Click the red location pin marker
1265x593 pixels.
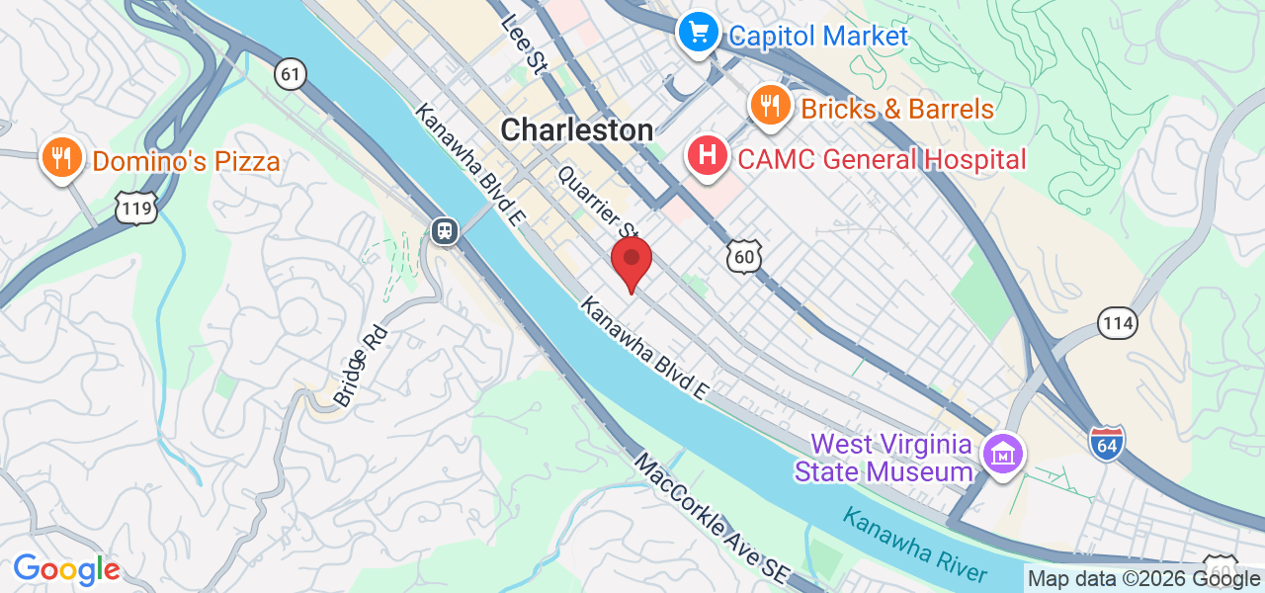pos(632,261)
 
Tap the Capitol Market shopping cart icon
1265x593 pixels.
pos(699,34)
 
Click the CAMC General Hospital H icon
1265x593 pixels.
pos(708,156)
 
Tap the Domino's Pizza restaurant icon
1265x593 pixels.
pos(61,158)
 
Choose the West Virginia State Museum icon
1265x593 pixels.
pos(1003,456)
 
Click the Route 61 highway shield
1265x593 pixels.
pos(291,73)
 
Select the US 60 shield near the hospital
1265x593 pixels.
pos(744,257)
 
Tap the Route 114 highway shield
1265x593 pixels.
pos(1117,322)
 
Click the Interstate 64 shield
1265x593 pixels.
pos(1107,441)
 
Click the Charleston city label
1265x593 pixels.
pos(577,130)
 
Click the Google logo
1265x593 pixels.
pos(66,570)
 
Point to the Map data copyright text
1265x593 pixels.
pos(1143,579)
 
